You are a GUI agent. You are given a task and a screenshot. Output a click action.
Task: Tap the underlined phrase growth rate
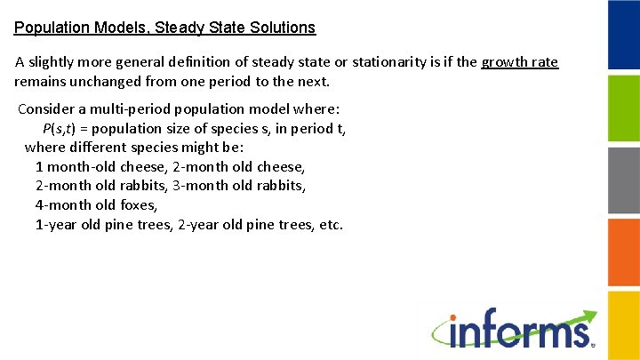point(519,62)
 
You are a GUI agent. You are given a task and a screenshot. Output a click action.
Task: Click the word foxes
point(136,204)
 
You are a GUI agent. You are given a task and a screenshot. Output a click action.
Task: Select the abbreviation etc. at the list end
point(330,224)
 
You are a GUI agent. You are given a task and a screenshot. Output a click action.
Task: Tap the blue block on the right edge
point(623,35)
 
